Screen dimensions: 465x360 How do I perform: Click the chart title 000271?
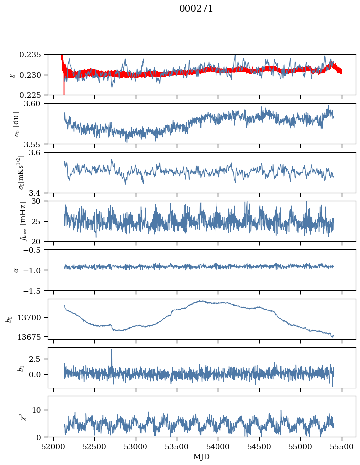point(196,9)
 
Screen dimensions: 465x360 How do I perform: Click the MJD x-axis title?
point(202,456)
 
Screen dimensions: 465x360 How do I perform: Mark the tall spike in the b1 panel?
point(112,350)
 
